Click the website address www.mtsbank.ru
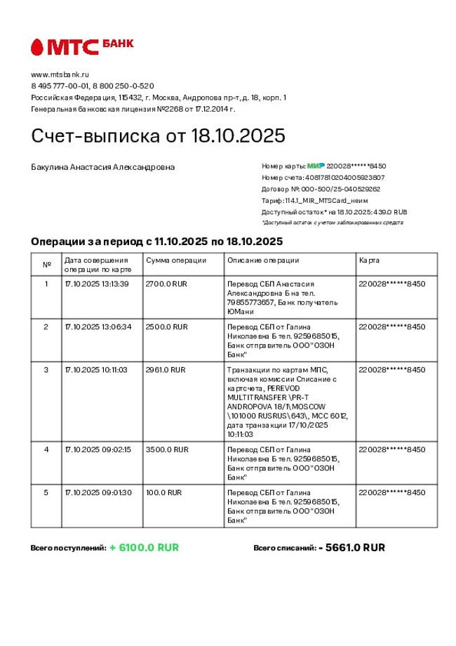click(60, 74)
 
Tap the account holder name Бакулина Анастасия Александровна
click(103, 167)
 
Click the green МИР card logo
click(316, 166)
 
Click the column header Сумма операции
click(176, 261)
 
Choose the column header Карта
click(369, 261)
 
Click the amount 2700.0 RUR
click(166, 284)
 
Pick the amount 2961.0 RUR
click(166, 369)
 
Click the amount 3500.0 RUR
click(166, 449)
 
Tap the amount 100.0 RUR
click(163, 492)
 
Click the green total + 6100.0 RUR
click(144, 548)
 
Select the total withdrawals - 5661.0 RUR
click(351, 548)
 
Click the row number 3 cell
click(46, 369)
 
